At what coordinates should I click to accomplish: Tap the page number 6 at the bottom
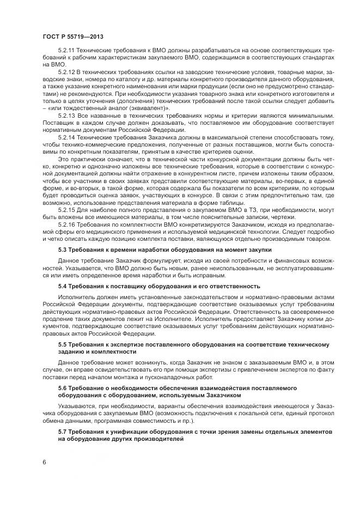click(44, 462)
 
